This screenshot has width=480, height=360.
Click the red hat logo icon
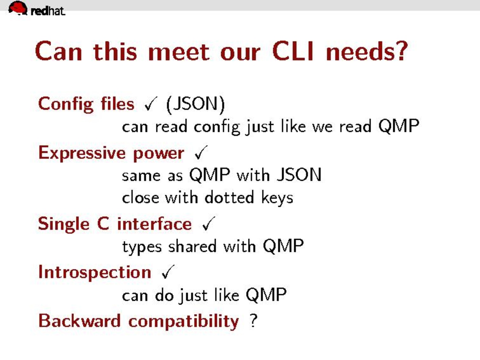click(x=18, y=8)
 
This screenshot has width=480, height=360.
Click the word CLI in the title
click(x=293, y=51)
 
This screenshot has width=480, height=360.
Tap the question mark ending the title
click(x=401, y=51)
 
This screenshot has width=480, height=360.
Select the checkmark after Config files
click(x=151, y=104)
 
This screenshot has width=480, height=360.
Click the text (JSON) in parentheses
click(x=195, y=105)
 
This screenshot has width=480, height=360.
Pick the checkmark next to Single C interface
click(x=209, y=224)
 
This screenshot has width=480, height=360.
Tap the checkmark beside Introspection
click(x=168, y=272)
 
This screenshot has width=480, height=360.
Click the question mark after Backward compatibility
click(x=253, y=321)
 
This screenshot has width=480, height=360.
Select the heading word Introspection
click(x=95, y=273)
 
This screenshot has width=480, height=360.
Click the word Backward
click(x=79, y=321)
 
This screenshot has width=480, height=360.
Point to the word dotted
click(x=229, y=197)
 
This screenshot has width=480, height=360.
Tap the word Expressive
click(x=82, y=153)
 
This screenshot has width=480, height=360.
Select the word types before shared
click(x=142, y=247)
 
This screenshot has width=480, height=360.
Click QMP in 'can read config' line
click(x=399, y=126)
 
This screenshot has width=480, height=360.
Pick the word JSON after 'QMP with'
click(x=299, y=174)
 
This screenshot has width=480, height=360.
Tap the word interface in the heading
click(x=154, y=224)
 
